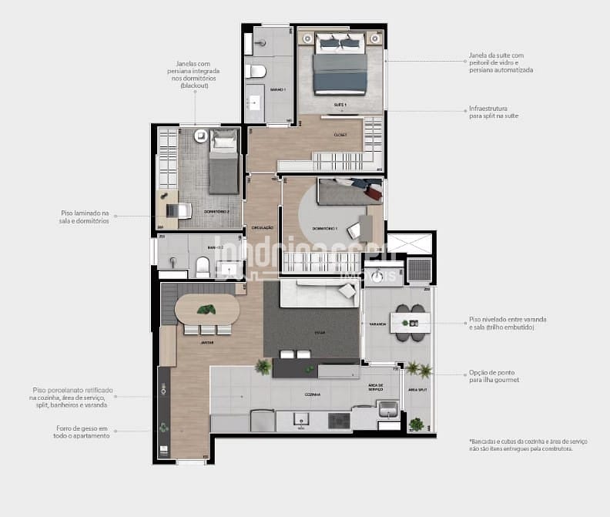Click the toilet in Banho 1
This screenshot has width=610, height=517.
point(256,72)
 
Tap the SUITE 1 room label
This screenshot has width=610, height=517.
point(340,103)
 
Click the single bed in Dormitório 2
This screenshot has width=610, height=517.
point(223,164)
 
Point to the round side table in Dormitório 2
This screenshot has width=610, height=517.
point(200,136)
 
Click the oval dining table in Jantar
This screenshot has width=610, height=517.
point(206,310)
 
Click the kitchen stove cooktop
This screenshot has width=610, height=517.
point(339,421)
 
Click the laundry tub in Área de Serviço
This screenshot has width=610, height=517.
point(387,408)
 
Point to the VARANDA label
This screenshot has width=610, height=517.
point(377,324)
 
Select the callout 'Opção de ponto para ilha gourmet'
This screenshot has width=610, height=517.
point(494,376)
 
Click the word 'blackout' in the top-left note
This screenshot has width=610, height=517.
point(195,86)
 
